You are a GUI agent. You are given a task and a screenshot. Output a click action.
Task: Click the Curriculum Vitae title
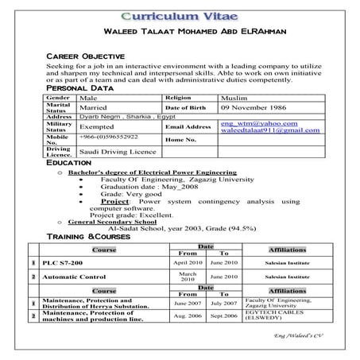pyautogui.click(x=179, y=17)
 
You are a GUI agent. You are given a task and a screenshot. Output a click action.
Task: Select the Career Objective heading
pyautogui.click(x=86, y=56)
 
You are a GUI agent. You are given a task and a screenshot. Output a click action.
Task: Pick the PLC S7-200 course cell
pyautogui.click(x=61, y=262)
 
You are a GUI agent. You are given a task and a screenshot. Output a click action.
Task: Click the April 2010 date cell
pyautogui.click(x=188, y=262)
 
